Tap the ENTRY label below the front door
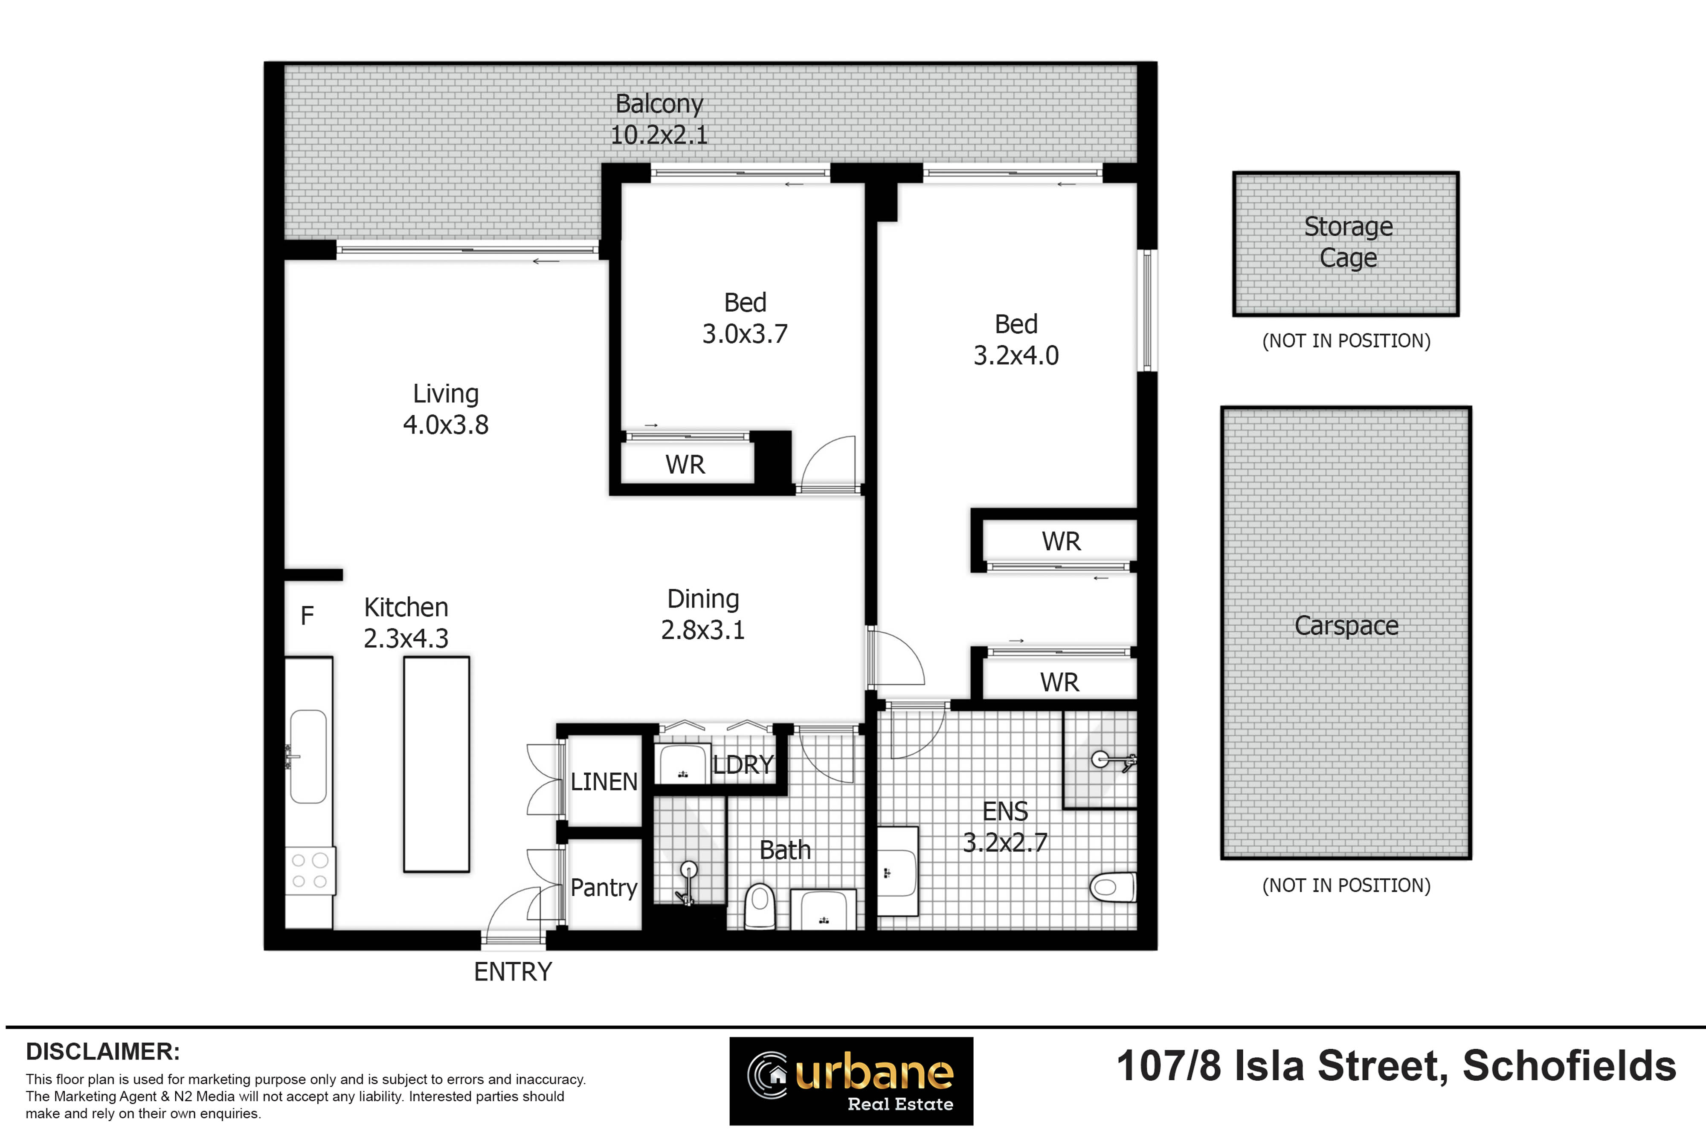(513, 972)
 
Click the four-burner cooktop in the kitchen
(310, 871)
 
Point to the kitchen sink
(308, 756)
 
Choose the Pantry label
(603, 888)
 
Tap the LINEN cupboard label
(603, 782)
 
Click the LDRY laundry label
(743, 765)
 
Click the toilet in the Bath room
(760, 905)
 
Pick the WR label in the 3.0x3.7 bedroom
(685, 465)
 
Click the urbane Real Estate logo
(851, 1080)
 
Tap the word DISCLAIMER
(103, 1051)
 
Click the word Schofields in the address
(1569, 1066)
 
